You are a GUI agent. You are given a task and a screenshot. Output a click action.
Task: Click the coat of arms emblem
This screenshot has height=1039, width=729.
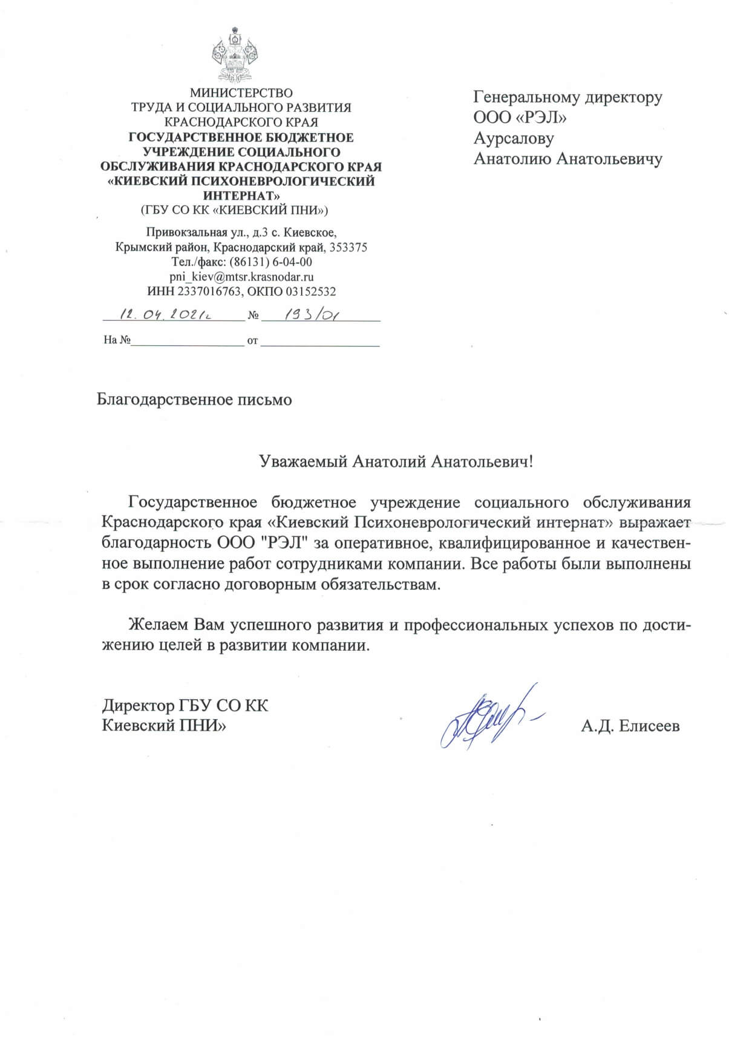point(235,54)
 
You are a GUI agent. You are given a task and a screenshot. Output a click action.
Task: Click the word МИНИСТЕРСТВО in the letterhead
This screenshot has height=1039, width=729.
point(241,93)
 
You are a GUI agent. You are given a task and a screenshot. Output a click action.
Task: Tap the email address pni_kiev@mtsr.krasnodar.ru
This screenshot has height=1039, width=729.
point(241,277)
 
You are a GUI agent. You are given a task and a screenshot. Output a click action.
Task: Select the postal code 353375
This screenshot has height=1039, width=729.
point(348,247)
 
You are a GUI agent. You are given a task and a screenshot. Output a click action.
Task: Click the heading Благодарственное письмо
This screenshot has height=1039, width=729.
point(194,400)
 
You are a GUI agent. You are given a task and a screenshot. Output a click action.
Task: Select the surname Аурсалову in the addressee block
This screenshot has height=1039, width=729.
point(514,138)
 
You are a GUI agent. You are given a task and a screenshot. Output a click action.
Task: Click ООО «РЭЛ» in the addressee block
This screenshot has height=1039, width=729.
point(520,117)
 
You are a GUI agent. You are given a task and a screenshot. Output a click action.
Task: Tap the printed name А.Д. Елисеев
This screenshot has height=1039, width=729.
point(630,726)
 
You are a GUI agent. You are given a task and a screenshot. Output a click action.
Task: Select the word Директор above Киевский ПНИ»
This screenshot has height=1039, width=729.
point(138,706)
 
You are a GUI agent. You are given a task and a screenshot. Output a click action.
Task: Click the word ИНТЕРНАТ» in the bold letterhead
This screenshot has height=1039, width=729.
point(241,196)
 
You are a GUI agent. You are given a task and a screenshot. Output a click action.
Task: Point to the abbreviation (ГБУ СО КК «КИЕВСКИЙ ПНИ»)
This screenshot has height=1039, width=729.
point(234,210)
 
